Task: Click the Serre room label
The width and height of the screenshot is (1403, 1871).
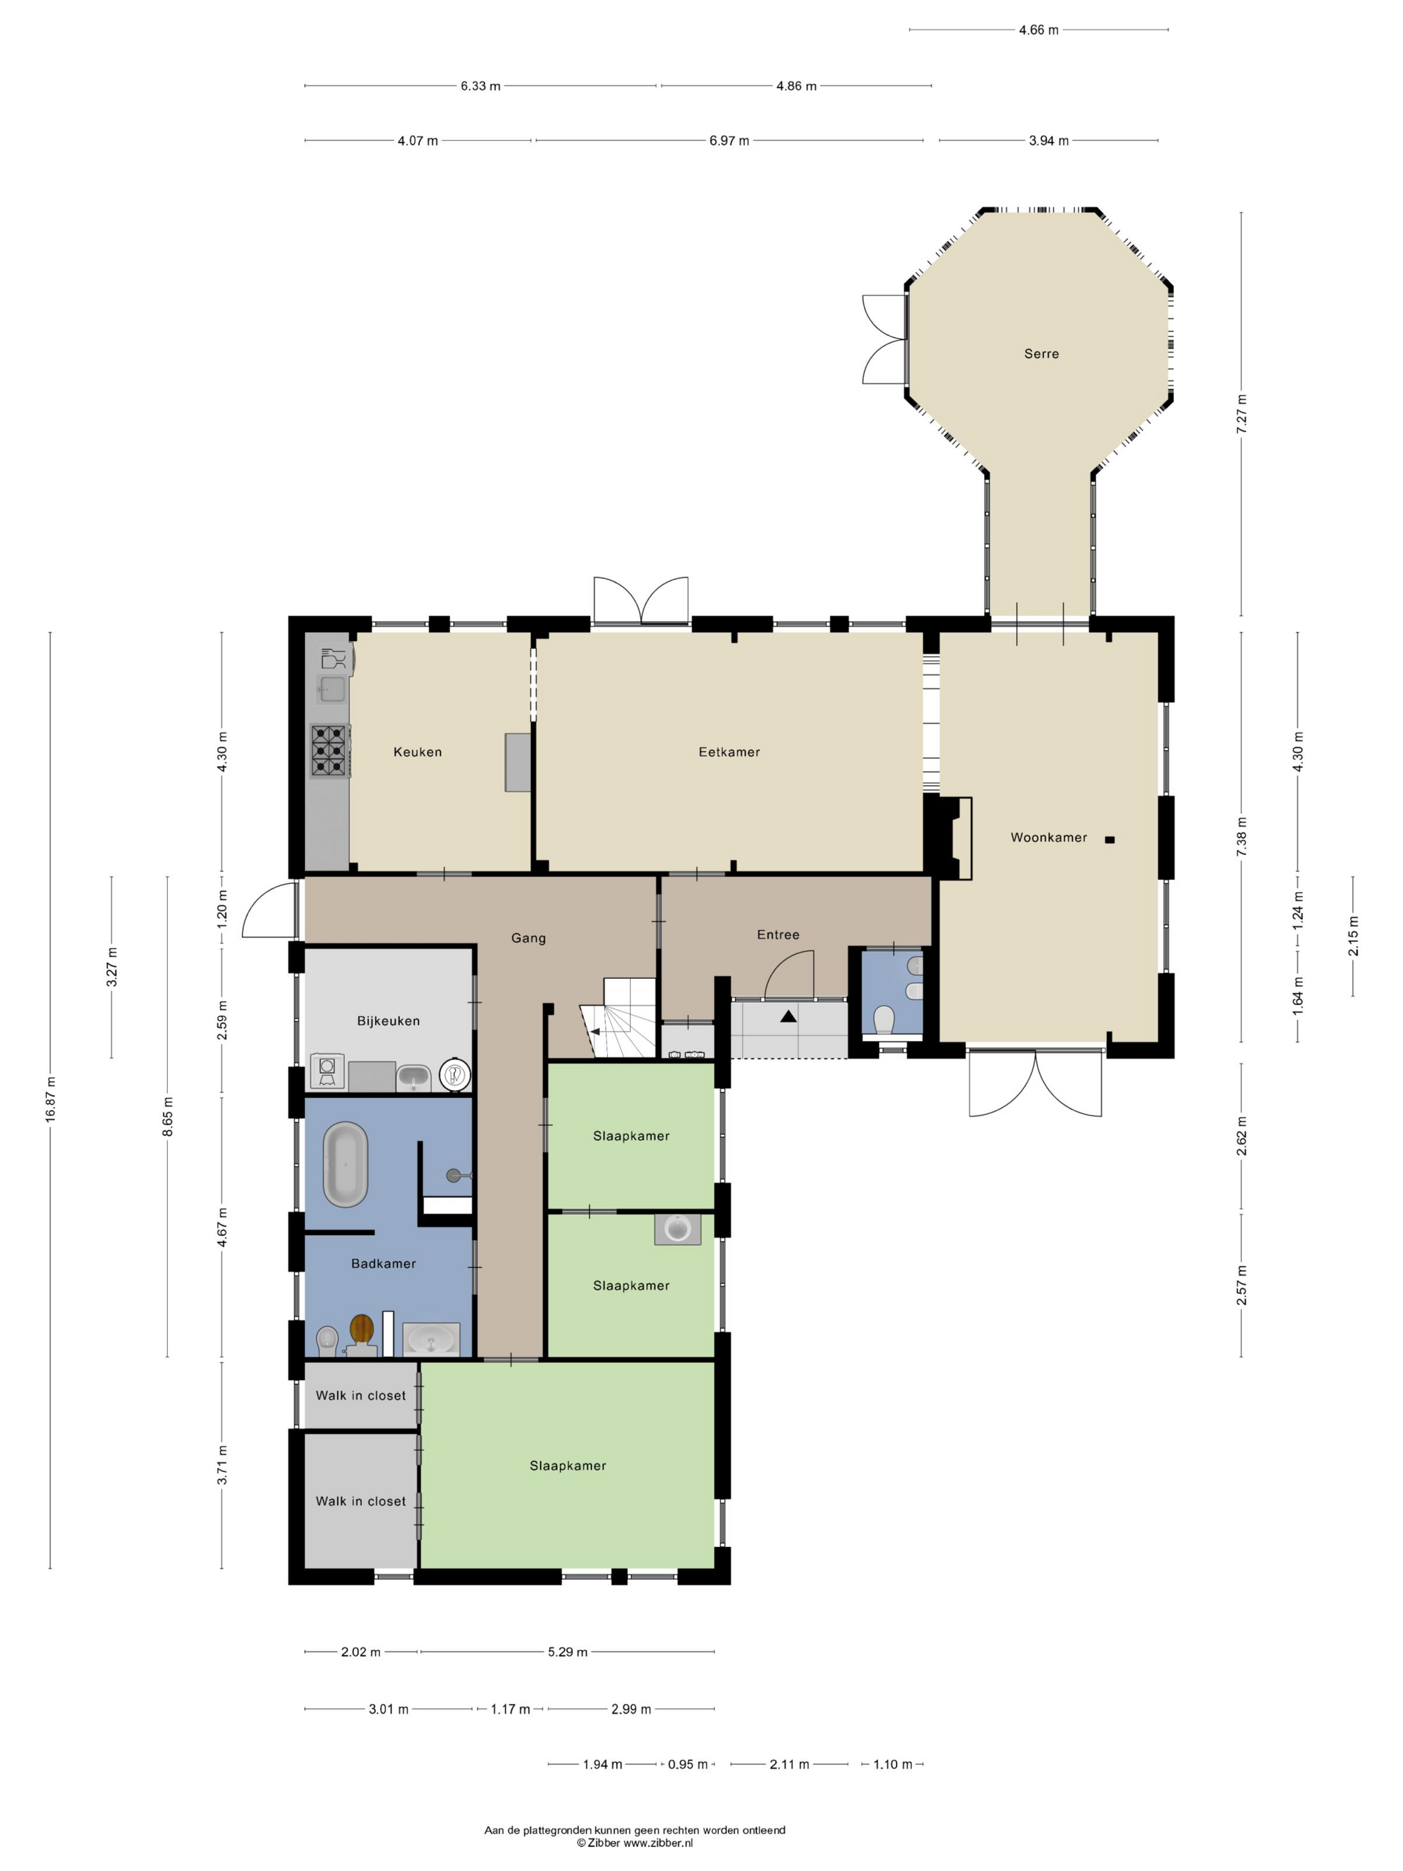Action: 1041,353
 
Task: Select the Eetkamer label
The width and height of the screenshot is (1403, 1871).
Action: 729,752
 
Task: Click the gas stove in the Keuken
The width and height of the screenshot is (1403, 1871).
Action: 330,751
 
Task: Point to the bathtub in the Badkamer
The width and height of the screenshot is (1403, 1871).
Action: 345,1164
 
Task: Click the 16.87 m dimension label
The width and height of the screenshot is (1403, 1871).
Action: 51,1100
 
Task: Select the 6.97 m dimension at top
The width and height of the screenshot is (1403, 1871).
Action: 729,141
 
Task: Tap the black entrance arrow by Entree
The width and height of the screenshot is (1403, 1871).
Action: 788,1017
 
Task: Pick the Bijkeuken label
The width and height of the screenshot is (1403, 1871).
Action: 388,1021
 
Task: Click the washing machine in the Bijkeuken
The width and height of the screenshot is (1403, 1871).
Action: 327,1071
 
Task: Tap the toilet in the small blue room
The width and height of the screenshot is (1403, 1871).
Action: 884,1019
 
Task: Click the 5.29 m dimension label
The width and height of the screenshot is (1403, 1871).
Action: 567,1652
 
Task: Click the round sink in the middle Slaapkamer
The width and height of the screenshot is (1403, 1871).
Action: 677,1228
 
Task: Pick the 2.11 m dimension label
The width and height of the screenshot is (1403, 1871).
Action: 789,1765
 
